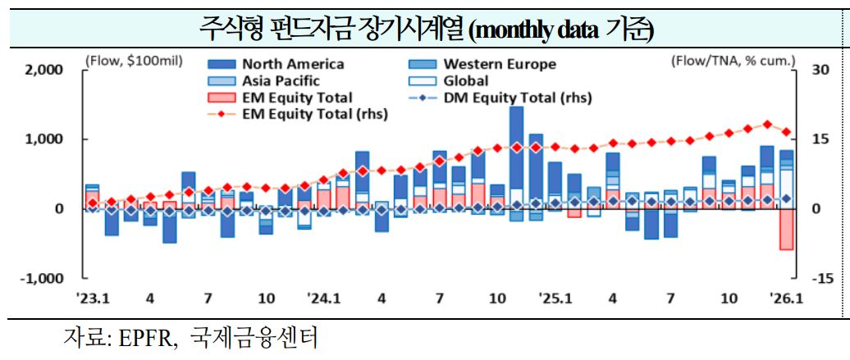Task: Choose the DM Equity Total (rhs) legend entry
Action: (517, 98)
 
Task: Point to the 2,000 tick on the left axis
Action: (45, 71)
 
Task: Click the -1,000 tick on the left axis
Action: (43, 279)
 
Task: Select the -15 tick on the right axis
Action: (820, 279)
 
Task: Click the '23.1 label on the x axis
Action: (94, 298)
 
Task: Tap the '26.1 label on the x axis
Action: (786, 298)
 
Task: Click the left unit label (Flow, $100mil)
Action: (134, 60)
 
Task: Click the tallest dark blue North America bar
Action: (516, 148)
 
